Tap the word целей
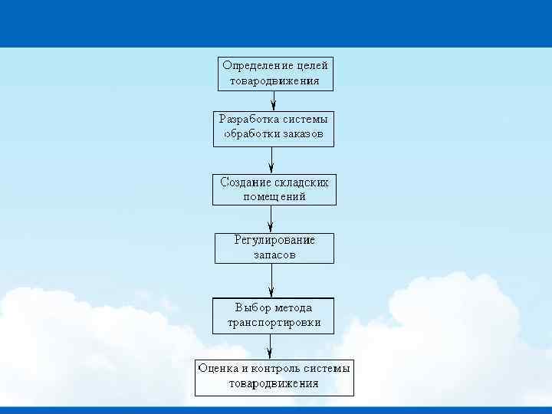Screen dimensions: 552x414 pyautogui.click(x=313, y=65)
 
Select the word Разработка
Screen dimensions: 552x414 pyautogui.click(x=248, y=119)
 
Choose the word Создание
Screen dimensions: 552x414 pyautogui.click(x=245, y=182)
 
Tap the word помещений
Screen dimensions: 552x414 pyautogui.click(x=274, y=197)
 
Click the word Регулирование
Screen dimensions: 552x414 pyautogui.click(x=274, y=240)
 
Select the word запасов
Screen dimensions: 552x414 pyautogui.click(x=274, y=255)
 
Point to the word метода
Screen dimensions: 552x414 pyautogui.click(x=289, y=307)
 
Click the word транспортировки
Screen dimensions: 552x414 pyautogui.click(x=274, y=323)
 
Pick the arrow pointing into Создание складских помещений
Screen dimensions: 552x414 pyautogui.click(x=272, y=160)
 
